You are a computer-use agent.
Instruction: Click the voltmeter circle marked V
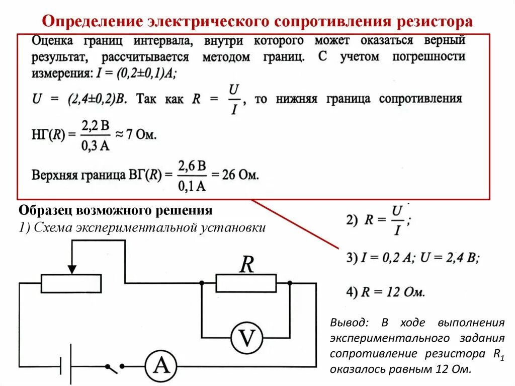click(246, 338)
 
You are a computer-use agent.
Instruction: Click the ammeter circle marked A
click(161, 365)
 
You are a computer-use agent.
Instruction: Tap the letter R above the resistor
click(246, 264)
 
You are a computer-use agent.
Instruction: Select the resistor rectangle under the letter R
click(246, 283)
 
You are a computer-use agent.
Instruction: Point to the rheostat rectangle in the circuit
click(71, 283)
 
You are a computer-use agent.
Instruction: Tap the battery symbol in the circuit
click(65, 365)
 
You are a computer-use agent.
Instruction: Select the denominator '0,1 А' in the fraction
click(191, 186)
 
